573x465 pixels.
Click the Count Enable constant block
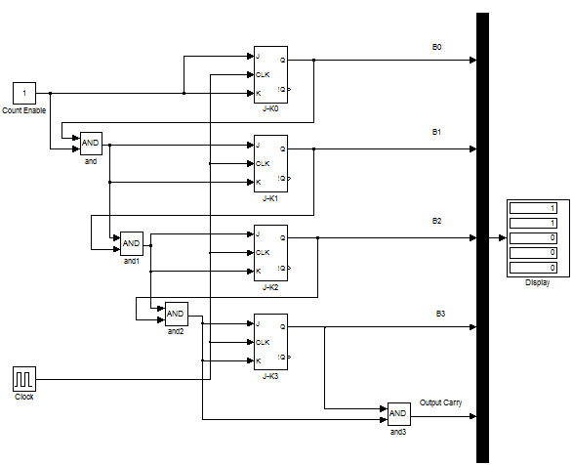coord(24,93)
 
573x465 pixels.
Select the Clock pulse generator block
coord(24,379)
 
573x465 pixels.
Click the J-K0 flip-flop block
coord(270,74)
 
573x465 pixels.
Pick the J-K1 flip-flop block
coord(270,163)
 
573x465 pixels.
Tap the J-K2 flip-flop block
coord(270,253)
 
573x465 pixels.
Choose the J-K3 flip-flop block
coord(270,342)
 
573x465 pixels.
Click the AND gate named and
coord(91,144)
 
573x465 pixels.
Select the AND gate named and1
coord(132,243)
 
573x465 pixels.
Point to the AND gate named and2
coord(177,314)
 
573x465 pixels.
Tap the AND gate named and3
coord(398,414)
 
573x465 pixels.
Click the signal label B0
coord(436,47)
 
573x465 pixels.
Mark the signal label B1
coord(436,132)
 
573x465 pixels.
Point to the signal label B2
coord(436,221)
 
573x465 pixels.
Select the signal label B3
coord(440,314)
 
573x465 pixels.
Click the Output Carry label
coord(440,402)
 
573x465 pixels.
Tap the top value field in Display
coord(533,208)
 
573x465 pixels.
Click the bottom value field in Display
coord(533,268)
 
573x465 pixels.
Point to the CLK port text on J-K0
coord(263,74)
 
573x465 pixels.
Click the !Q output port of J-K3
coord(281,358)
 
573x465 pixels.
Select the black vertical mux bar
coord(482,237)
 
